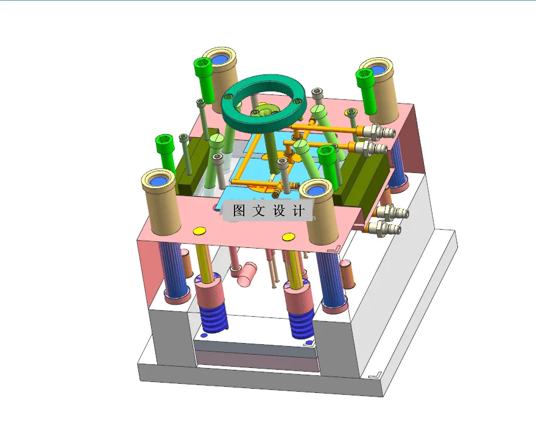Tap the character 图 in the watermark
pyautogui.click(x=239, y=211)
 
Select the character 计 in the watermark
pyautogui.click(x=298, y=211)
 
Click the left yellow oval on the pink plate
pyautogui.click(x=199, y=230)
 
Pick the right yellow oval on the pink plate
pyautogui.click(x=289, y=236)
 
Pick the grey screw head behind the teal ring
pyautogui.click(x=317, y=93)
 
